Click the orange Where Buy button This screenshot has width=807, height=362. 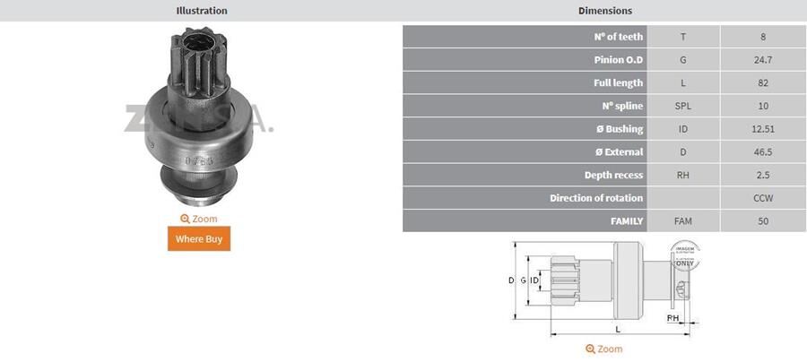pyautogui.click(x=198, y=238)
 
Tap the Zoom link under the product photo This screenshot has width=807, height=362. pyautogui.click(x=198, y=219)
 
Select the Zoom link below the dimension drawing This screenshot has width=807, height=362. pyautogui.click(x=603, y=349)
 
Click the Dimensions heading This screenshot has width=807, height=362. pyautogui.click(x=604, y=11)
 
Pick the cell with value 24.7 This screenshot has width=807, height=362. pyautogui.click(x=763, y=60)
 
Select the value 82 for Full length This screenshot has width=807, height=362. pyautogui.click(x=763, y=82)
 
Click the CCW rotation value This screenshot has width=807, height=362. pyautogui.click(x=763, y=197)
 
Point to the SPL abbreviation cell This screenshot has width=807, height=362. pyautogui.click(x=683, y=106)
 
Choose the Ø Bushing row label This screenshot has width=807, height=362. pyautogui.click(x=613, y=129)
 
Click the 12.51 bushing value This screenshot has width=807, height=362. pyautogui.click(x=763, y=129)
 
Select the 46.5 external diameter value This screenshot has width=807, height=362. pyautogui.click(x=763, y=151)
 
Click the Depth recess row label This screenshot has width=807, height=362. pyautogui.click(x=613, y=175)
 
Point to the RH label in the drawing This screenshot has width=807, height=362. pyautogui.click(x=672, y=318)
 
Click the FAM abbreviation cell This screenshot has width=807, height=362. pyautogui.click(x=683, y=220)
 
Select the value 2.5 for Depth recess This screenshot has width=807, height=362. pyautogui.click(x=763, y=175)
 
